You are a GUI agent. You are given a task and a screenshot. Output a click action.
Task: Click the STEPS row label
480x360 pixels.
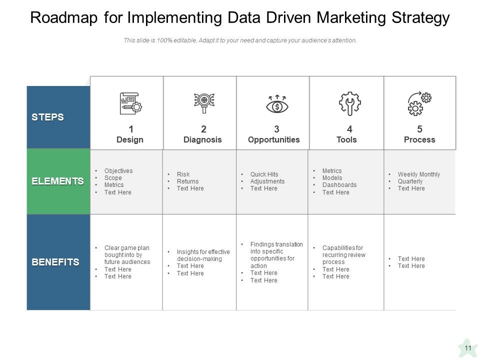(x=47, y=117)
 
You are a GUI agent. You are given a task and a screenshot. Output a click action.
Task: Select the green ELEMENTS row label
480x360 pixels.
(x=57, y=181)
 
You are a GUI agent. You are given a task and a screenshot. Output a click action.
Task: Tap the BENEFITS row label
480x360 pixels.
(x=55, y=262)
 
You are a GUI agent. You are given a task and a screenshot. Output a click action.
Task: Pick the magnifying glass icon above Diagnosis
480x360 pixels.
(x=203, y=102)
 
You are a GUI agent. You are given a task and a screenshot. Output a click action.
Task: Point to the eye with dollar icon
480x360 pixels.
(x=276, y=104)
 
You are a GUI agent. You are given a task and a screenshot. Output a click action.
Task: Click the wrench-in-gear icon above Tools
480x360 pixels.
(x=349, y=103)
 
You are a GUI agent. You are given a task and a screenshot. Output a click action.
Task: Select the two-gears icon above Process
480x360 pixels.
(x=419, y=103)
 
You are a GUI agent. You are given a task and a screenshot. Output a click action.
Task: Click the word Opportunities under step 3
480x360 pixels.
(x=273, y=140)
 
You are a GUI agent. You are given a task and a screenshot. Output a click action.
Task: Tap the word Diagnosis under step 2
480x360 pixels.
(x=202, y=140)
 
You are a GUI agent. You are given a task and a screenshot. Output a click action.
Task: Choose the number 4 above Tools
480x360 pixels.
(x=349, y=129)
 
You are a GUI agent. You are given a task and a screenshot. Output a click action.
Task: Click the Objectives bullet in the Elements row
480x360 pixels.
(x=118, y=171)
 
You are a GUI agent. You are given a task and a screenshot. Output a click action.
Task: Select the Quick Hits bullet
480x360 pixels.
(x=264, y=174)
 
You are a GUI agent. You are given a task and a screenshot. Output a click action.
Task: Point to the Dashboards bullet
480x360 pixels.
(x=339, y=185)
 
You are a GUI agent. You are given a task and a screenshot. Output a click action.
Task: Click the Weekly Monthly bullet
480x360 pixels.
(x=418, y=174)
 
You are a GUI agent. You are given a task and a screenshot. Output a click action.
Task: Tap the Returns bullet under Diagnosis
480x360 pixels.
(x=187, y=181)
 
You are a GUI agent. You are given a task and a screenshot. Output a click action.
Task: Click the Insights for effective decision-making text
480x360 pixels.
(x=203, y=255)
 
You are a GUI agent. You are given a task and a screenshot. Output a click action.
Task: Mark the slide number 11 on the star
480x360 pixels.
(x=468, y=348)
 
